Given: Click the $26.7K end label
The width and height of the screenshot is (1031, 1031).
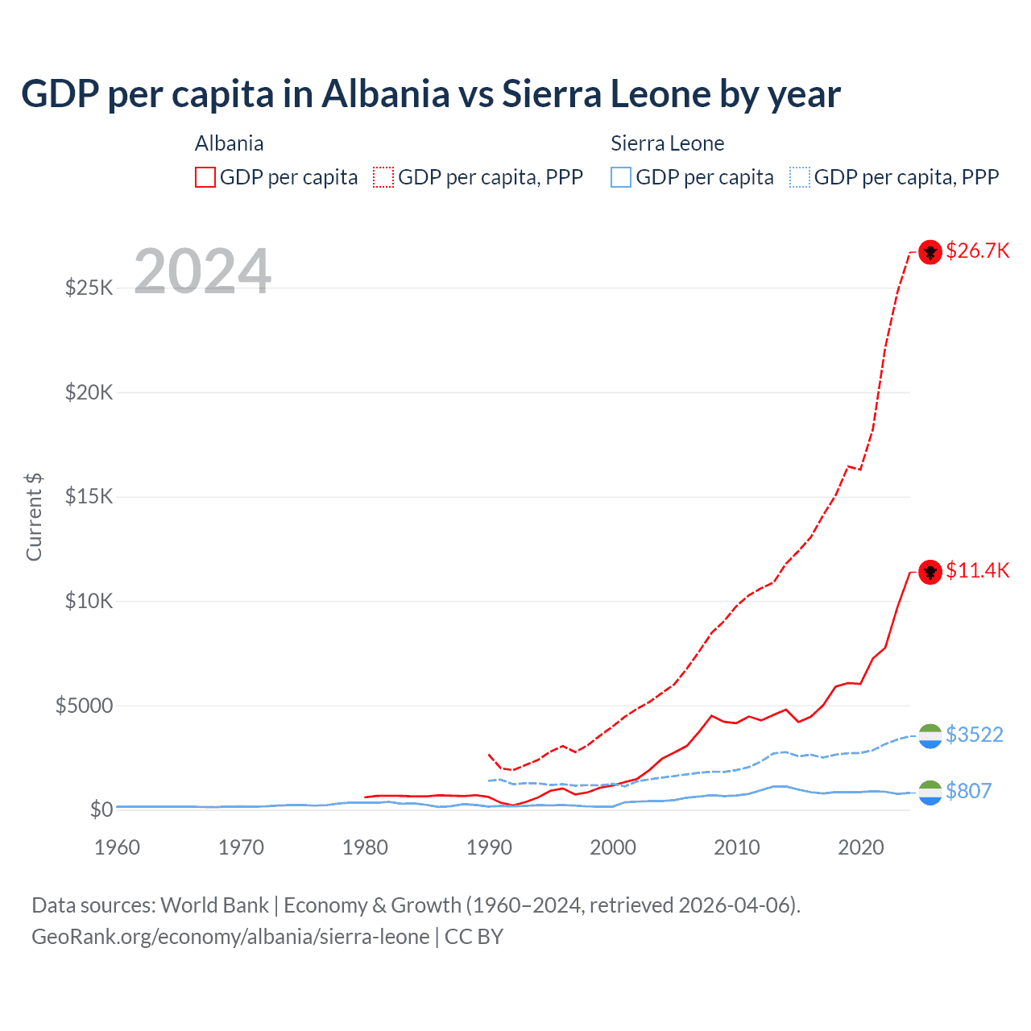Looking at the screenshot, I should pos(977,251).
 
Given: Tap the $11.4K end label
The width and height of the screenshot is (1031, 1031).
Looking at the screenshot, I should pos(977,571).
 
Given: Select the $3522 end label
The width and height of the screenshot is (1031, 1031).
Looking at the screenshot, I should pos(974,735).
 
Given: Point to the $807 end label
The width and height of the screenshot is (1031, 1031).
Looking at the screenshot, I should pos(968,792).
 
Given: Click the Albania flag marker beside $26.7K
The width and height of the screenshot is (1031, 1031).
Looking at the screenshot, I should pos(930,252).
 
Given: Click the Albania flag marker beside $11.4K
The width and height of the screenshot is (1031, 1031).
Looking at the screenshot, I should pos(930,572).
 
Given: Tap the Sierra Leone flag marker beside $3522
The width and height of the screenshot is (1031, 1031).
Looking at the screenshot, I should pos(930,735).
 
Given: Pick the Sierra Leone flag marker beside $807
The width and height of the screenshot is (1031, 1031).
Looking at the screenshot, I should pos(930,793).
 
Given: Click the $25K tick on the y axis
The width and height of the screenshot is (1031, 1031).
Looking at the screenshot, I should pos(89,288).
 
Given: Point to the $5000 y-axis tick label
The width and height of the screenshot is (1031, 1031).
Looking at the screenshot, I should pos(84,706).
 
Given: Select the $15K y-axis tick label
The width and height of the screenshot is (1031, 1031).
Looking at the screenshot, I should pos(89,497).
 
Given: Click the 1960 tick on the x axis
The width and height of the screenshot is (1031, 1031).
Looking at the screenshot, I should pos(117,847).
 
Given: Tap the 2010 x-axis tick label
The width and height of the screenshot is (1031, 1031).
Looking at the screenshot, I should pos(737,847).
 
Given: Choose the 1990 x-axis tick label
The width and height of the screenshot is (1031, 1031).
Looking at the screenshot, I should pos(489,847).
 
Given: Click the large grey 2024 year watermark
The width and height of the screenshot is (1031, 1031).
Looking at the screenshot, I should pos(202,271).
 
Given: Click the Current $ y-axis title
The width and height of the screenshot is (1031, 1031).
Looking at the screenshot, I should pos(34,517).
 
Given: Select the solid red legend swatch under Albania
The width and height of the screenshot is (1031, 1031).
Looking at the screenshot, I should pos(205,177).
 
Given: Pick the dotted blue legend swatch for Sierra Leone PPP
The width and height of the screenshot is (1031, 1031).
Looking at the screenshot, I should pos(799,177).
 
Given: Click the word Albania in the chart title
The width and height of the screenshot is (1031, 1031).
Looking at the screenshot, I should pos(385,94).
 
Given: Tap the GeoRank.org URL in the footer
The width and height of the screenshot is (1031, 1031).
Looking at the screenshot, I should pos(230,937).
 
